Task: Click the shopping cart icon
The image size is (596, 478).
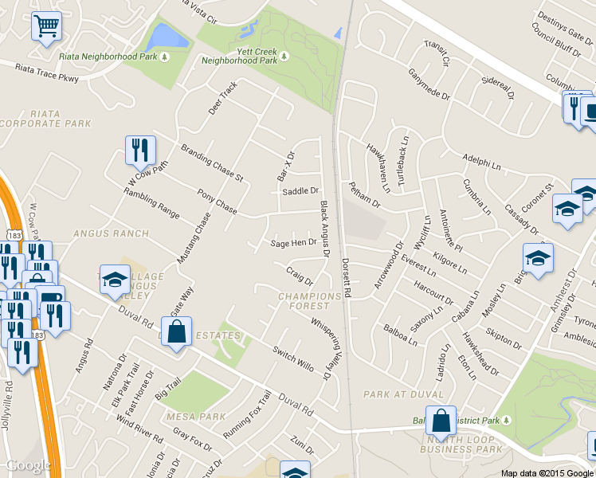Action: (46, 25)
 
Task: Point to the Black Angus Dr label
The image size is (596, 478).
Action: (325, 229)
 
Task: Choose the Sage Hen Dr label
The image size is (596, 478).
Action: (294, 243)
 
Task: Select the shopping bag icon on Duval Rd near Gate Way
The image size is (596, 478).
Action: (176, 331)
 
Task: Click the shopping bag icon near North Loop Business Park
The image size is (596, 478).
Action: (440, 420)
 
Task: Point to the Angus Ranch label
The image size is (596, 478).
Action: (110, 233)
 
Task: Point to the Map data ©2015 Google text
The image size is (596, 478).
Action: (547, 473)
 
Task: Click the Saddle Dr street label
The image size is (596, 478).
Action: (300, 191)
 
